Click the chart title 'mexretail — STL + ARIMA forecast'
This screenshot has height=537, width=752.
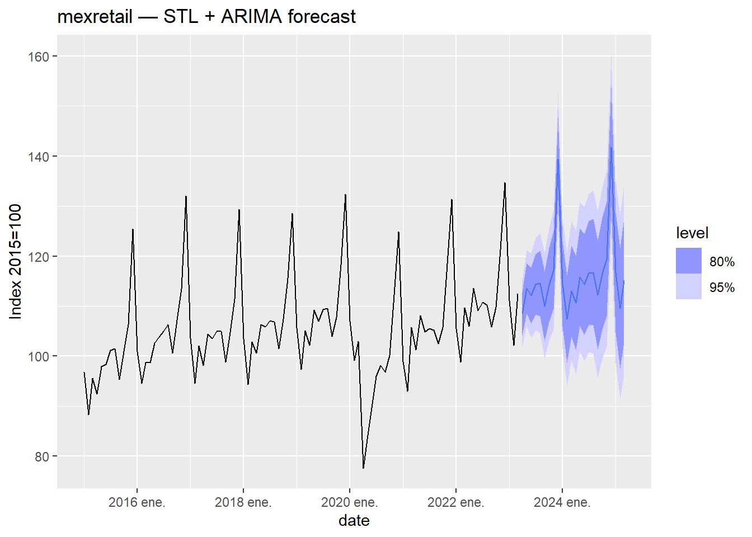click(206, 17)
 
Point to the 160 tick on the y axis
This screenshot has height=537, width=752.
click(39, 56)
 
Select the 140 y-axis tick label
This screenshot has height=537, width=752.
click(39, 157)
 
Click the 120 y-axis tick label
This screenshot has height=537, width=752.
click(39, 257)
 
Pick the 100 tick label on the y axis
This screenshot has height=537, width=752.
click(39, 356)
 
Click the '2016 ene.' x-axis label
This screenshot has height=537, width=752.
click(137, 502)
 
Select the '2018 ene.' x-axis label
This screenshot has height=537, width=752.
click(243, 502)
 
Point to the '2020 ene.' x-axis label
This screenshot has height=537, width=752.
click(349, 502)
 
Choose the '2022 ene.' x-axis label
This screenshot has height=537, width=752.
click(455, 502)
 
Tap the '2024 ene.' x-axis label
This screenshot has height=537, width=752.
click(562, 502)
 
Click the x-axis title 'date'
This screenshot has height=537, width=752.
click(354, 521)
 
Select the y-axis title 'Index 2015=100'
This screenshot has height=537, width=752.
click(16, 262)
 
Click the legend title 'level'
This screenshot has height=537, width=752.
click(692, 233)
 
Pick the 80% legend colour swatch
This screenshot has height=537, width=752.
click(688, 261)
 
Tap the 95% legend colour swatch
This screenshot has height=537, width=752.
click(688, 287)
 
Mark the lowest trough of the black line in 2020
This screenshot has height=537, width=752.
click(363, 468)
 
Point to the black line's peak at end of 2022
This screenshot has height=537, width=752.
click(505, 183)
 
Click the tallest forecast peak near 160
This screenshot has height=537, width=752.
click(611, 57)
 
